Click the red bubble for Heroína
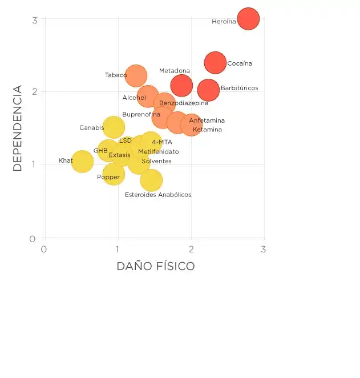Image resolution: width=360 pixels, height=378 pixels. click(x=248, y=19)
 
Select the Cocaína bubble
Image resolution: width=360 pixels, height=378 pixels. click(x=215, y=62)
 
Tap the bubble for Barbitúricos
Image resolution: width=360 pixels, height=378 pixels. click(x=208, y=90)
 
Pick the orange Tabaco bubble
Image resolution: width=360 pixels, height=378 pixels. click(x=136, y=75)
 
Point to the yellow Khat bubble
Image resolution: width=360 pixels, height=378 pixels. click(x=82, y=162)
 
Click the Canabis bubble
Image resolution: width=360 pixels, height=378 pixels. click(x=114, y=127)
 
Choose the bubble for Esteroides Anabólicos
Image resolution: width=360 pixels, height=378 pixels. click(x=151, y=180)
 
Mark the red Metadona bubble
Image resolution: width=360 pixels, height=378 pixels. click(x=181, y=86)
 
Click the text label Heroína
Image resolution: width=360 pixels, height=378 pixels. click(x=224, y=22)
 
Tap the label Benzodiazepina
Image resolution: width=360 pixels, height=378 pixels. click(x=184, y=103)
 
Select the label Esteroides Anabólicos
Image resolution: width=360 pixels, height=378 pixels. click(x=158, y=195)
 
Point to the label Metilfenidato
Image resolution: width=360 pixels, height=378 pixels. click(x=158, y=152)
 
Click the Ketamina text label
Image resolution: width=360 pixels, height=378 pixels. click(x=207, y=130)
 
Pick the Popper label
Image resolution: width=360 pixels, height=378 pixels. click(x=108, y=177)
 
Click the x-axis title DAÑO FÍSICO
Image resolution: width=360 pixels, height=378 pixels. click(x=156, y=266)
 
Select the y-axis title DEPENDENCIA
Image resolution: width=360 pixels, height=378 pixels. click(x=17, y=128)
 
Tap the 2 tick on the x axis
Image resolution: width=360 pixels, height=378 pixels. click(x=191, y=250)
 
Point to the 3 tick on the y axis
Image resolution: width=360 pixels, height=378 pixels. click(x=35, y=20)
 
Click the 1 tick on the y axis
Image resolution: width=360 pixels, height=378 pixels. click(x=35, y=165)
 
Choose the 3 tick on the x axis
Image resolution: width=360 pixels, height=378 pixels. click(x=263, y=250)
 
